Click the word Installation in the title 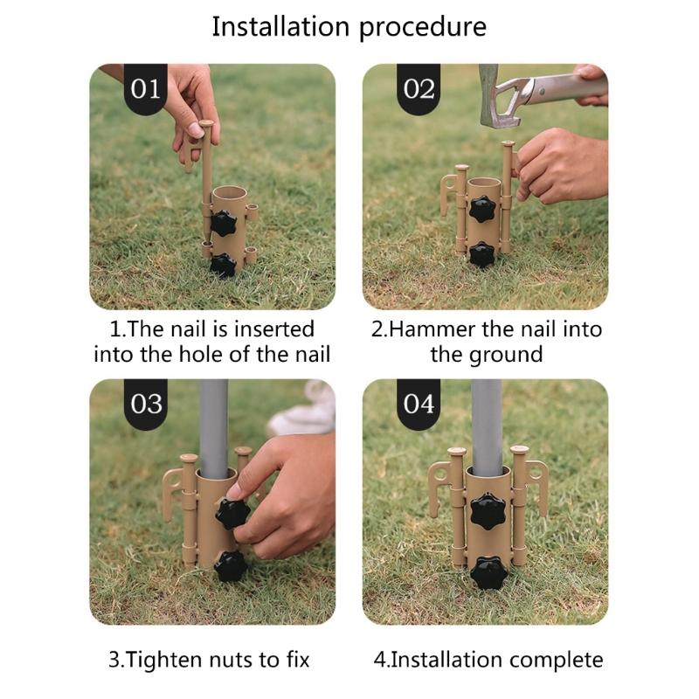[x=280, y=26]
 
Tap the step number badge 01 [x=145, y=89]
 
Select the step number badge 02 [x=419, y=89]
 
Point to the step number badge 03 [x=145, y=404]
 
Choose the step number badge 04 [x=419, y=404]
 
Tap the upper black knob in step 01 [x=223, y=224]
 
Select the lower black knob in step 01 [x=223, y=266]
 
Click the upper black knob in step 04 [x=488, y=511]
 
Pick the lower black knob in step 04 [x=488, y=573]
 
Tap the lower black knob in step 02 [x=482, y=254]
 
